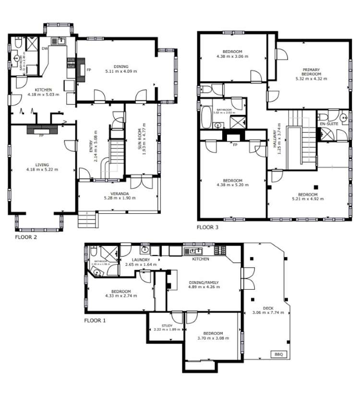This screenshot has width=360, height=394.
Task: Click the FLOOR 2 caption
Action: [x=26, y=237]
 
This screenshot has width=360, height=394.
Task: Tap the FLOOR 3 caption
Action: [x=207, y=228]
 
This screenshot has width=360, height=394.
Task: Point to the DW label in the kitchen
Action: [x=45, y=48]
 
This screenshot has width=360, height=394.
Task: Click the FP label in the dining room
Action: [x=89, y=69]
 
